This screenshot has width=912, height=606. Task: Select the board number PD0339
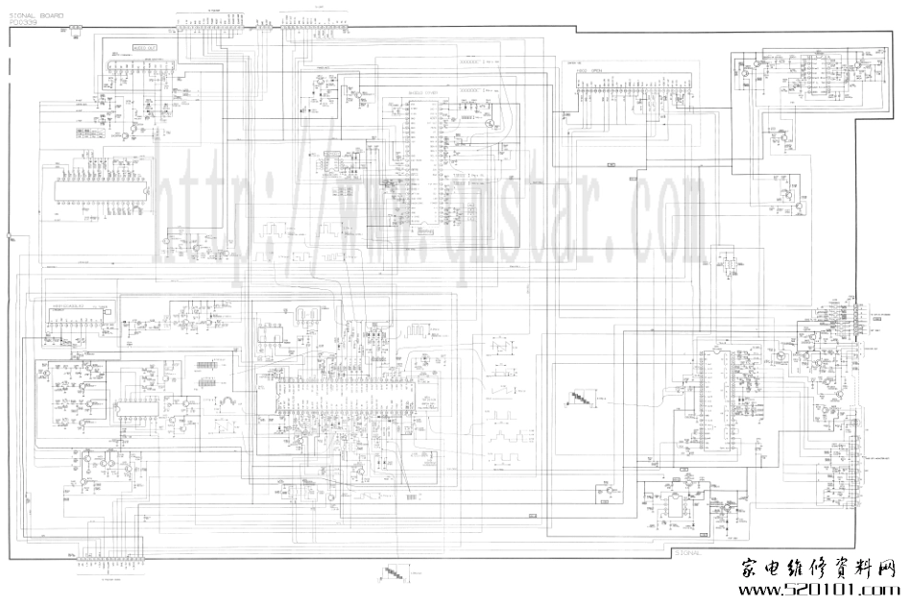pos(23,23)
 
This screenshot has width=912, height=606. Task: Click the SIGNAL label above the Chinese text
pos(688,552)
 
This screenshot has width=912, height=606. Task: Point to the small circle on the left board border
pos(10,234)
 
